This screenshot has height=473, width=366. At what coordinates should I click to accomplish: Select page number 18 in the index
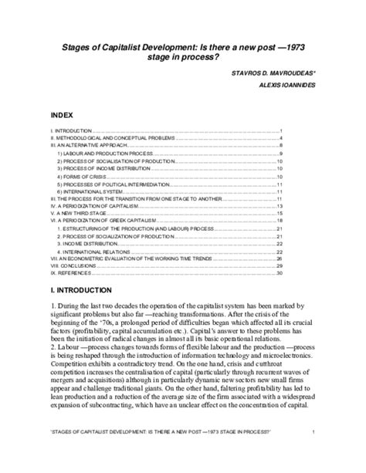[281, 221]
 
